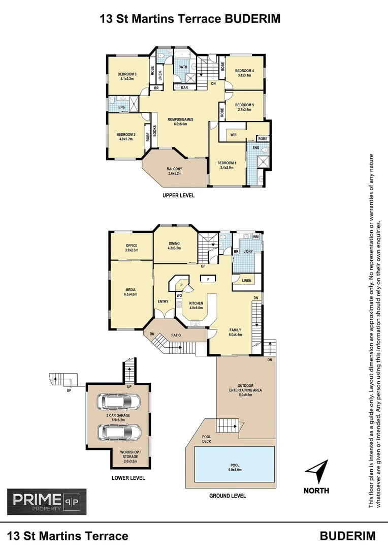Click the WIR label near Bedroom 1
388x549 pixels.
point(234,135)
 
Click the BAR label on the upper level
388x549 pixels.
point(184,87)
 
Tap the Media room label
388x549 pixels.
point(131,291)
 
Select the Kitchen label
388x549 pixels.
point(196,305)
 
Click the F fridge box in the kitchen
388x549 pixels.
point(207,279)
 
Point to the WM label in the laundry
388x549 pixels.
point(255,236)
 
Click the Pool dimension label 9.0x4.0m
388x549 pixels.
point(235,470)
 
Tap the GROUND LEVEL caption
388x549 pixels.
point(228,496)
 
